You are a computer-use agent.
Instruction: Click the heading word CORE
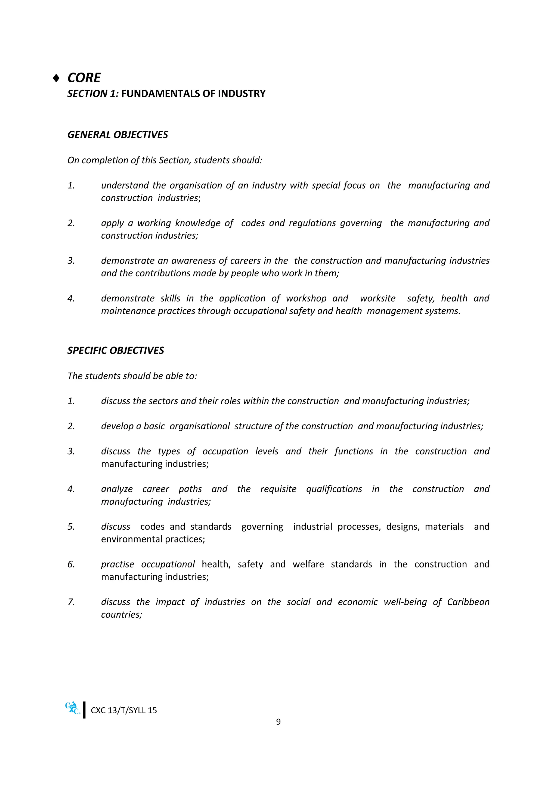84,78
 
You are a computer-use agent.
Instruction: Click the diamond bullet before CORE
56,79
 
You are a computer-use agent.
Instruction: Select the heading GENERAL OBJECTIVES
118,135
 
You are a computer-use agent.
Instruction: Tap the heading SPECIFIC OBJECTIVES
116,350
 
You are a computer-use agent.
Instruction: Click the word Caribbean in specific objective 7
468,602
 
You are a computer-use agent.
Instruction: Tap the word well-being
405,602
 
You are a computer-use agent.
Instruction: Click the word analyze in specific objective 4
117,489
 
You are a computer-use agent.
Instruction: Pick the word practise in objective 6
117,564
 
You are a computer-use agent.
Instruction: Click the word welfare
308,564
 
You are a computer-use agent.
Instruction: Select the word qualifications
334,489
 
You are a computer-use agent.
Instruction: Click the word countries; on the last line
121,615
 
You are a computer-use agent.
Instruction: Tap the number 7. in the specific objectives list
71,602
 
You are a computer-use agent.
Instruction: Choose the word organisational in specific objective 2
199,426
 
